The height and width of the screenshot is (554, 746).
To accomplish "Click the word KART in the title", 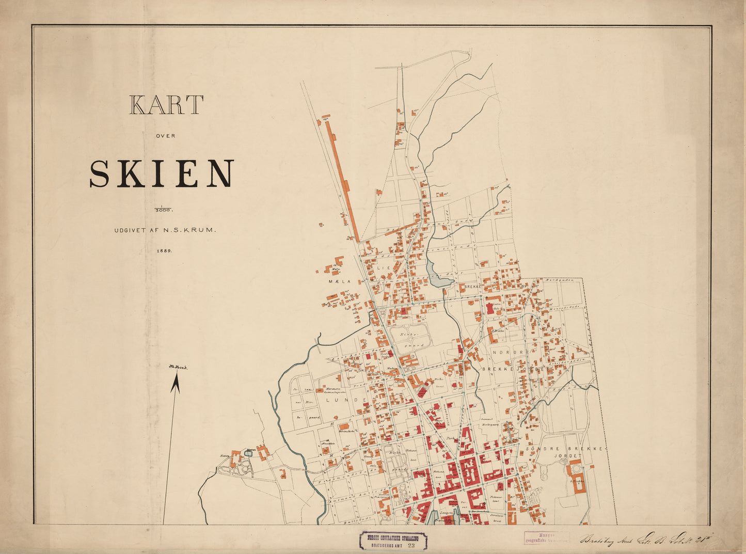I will pyautogui.click(x=166, y=105).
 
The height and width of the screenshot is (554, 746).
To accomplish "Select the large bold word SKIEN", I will pyautogui.click(x=162, y=173).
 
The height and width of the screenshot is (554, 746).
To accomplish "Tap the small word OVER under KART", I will pyautogui.click(x=166, y=136).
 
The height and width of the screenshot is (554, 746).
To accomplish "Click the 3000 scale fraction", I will pyautogui.click(x=165, y=210).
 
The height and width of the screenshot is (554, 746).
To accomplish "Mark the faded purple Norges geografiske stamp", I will pyautogui.click(x=546, y=538).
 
